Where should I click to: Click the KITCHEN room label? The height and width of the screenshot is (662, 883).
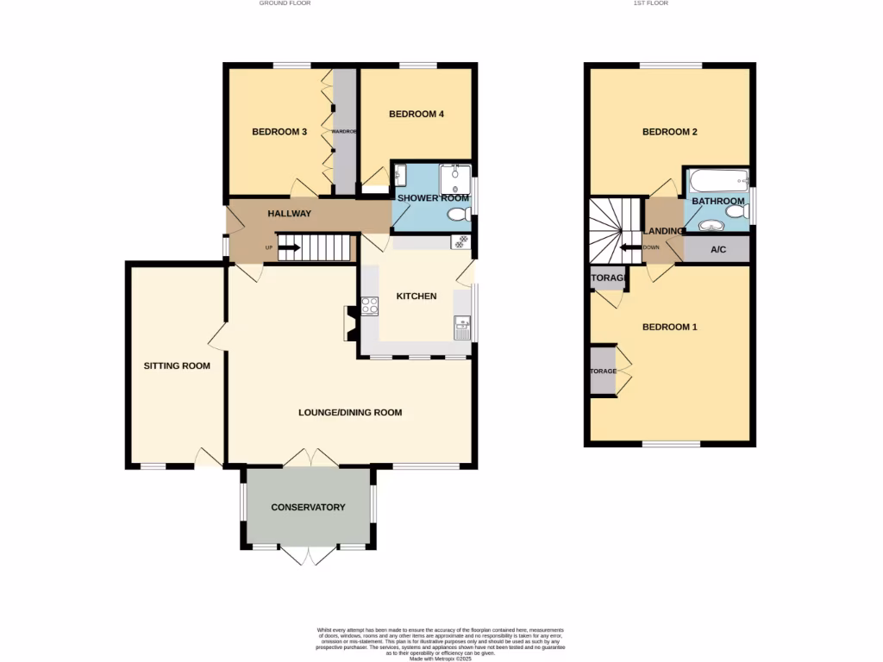tap(416, 297)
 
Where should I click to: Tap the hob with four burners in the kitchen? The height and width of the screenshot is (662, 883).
tap(370, 306)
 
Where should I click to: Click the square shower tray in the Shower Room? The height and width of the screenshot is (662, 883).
tap(454, 179)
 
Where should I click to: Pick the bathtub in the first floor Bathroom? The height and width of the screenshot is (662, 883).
tap(717, 181)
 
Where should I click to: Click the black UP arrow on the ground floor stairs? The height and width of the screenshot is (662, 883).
tap(288, 248)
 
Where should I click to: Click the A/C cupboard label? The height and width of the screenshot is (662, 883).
tap(717, 249)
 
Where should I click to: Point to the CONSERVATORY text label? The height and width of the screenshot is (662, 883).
tap(308, 507)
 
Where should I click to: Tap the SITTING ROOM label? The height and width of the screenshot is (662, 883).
tap(177, 365)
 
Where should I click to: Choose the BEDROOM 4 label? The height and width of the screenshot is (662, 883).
tap(416, 114)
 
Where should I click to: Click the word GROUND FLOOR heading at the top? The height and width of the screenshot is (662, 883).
tap(285, 3)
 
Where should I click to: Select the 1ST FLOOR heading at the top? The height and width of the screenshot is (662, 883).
tap(651, 3)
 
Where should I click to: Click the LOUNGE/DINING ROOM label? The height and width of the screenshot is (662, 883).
tap(350, 412)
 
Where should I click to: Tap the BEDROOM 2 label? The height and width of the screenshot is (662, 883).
tap(669, 132)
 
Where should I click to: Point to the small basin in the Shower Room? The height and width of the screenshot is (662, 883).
tap(398, 177)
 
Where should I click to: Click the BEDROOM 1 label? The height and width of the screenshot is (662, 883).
tap(669, 327)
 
